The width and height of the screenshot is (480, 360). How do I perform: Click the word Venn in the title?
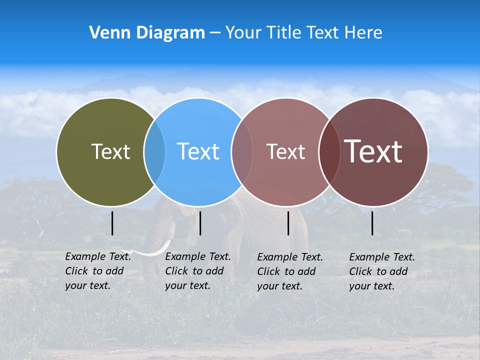[x=105, y=33]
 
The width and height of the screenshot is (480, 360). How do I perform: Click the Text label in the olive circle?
[x=110, y=151]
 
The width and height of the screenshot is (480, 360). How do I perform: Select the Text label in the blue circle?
[x=198, y=151]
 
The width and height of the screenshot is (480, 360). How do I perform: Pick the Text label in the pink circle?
[x=285, y=151]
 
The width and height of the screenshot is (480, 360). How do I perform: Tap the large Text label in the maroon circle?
[x=373, y=151]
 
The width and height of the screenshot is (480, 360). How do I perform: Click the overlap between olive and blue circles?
[x=154, y=152]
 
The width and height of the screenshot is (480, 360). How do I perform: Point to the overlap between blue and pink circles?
[x=242, y=152]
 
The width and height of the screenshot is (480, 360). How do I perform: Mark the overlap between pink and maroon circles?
[x=329, y=152]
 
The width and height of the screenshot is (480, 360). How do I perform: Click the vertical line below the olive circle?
[x=112, y=223]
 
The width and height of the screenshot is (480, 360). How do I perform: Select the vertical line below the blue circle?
[x=200, y=223]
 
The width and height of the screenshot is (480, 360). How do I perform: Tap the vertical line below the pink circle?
[x=288, y=223]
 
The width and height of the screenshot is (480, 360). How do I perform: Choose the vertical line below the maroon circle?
[x=372, y=223]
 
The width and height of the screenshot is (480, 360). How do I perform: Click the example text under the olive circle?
[x=98, y=271]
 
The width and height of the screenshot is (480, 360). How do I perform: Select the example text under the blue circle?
[x=198, y=271]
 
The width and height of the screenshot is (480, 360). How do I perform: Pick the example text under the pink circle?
[x=290, y=271]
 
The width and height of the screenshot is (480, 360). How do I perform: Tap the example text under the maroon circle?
[x=382, y=271]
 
